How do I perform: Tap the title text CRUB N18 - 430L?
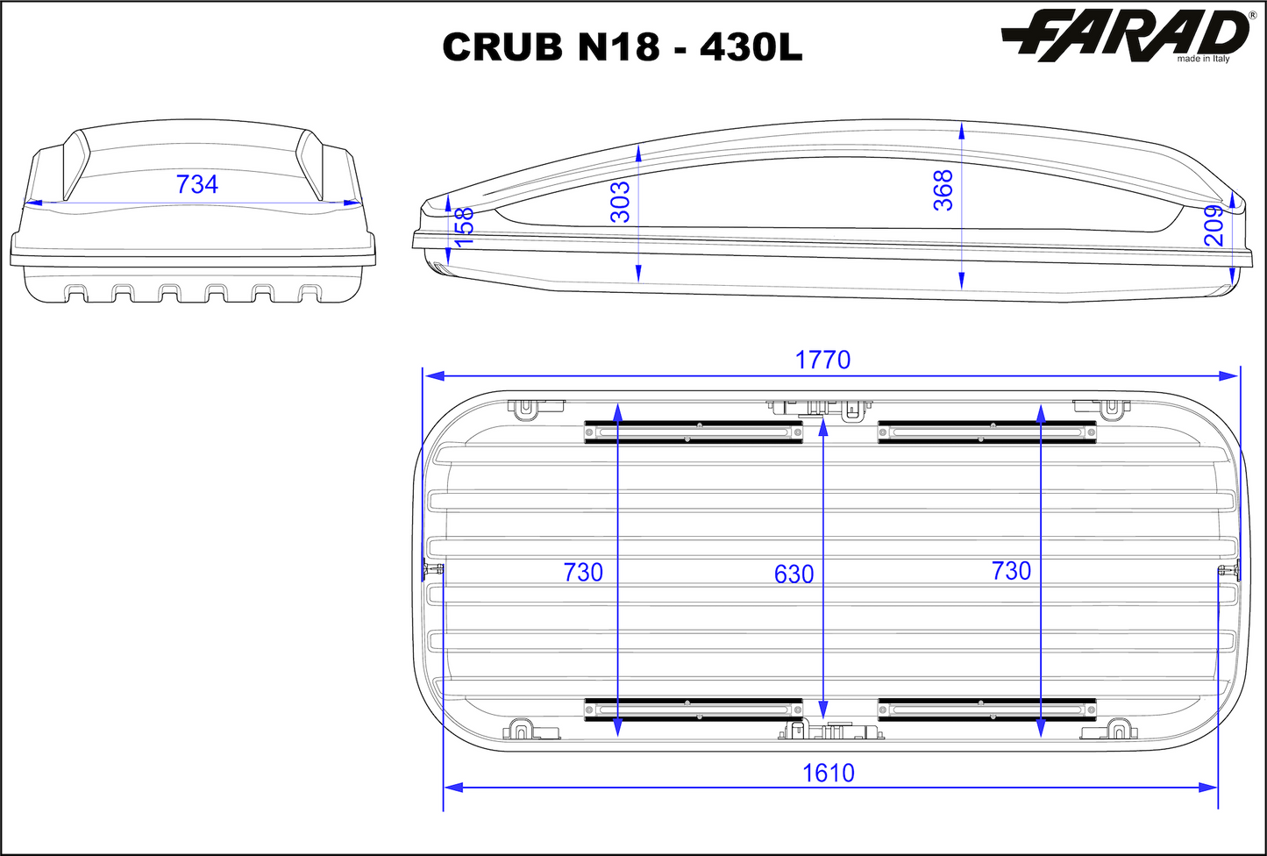(x=622, y=47)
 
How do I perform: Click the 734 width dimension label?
(x=197, y=184)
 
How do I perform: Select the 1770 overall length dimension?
(x=822, y=360)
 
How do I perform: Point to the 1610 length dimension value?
(x=829, y=773)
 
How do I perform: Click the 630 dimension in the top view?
(x=794, y=574)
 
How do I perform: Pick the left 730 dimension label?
(x=583, y=572)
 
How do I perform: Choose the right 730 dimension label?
(x=1011, y=571)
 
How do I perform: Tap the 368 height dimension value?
(x=943, y=190)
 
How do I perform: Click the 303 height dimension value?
(x=620, y=201)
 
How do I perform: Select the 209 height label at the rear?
(x=1214, y=225)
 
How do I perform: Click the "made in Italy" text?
(x=1203, y=59)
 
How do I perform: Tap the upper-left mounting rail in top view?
(x=694, y=432)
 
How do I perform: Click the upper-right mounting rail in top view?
(x=987, y=432)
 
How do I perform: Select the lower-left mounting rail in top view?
(x=694, y=709)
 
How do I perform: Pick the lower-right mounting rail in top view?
(x=987, y=709)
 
